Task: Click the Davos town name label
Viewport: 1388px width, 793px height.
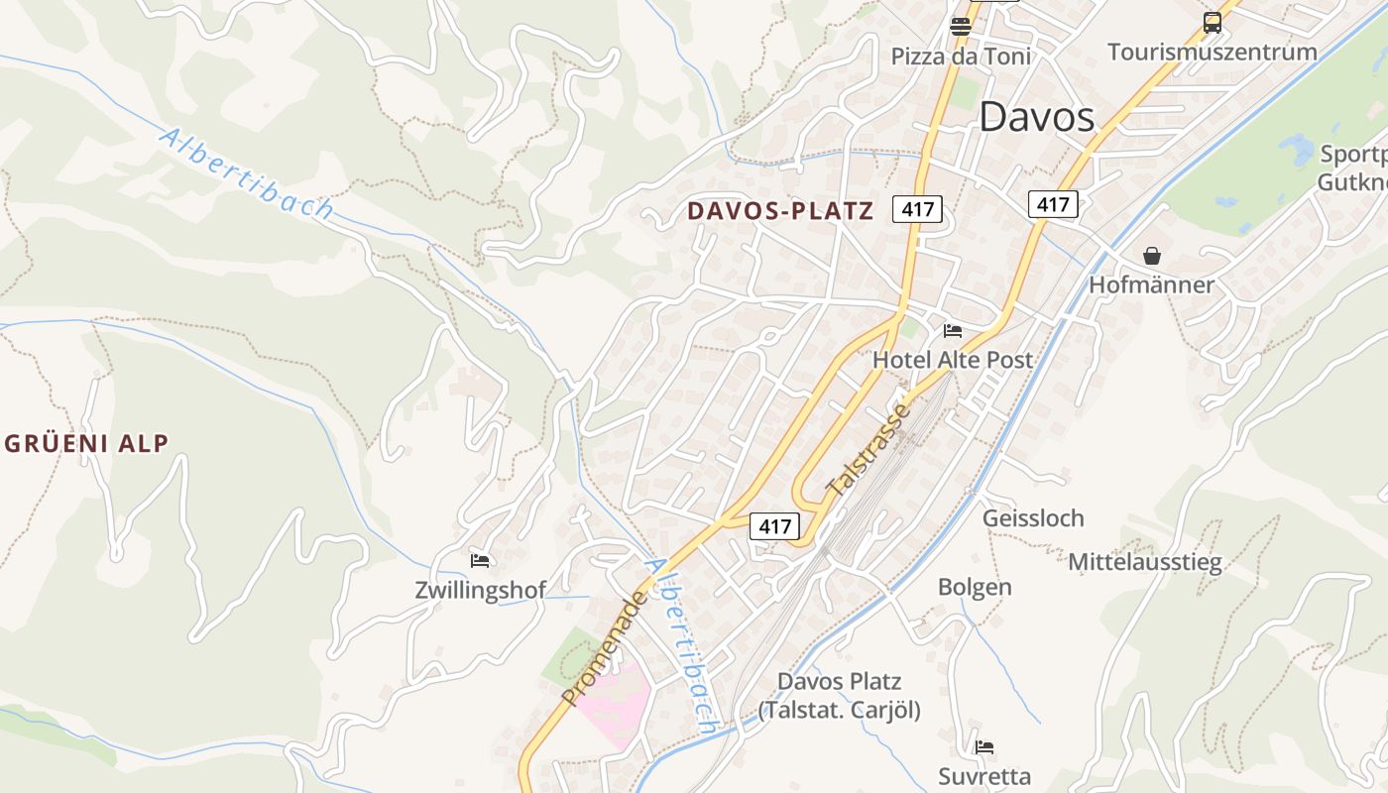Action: click(1036, 117)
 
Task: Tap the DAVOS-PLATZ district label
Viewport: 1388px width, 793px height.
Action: click(780, 210)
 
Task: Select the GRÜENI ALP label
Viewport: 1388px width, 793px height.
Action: click(86, 443)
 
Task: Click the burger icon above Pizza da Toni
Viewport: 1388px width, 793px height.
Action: click(960, 27)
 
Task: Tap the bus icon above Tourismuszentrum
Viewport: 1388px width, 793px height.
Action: click(1212, 22)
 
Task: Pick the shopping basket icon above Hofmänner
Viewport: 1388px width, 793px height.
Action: click(1151, 256)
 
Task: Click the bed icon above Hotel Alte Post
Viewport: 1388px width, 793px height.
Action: click(953, 330)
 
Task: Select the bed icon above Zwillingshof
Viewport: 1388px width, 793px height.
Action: click(480, 561)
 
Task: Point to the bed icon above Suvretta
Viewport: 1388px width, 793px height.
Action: click(984, 746)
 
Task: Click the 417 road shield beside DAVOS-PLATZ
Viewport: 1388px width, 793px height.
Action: click(916, 209)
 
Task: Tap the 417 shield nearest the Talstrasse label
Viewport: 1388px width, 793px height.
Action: click(774, 526)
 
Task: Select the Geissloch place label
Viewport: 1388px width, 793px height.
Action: click(1033, 518)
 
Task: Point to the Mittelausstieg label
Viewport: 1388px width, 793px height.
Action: click(1144, 563)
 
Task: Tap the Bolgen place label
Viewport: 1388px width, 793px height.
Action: click(975, 587)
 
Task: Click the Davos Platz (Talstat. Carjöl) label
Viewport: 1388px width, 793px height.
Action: click(839, 696)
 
